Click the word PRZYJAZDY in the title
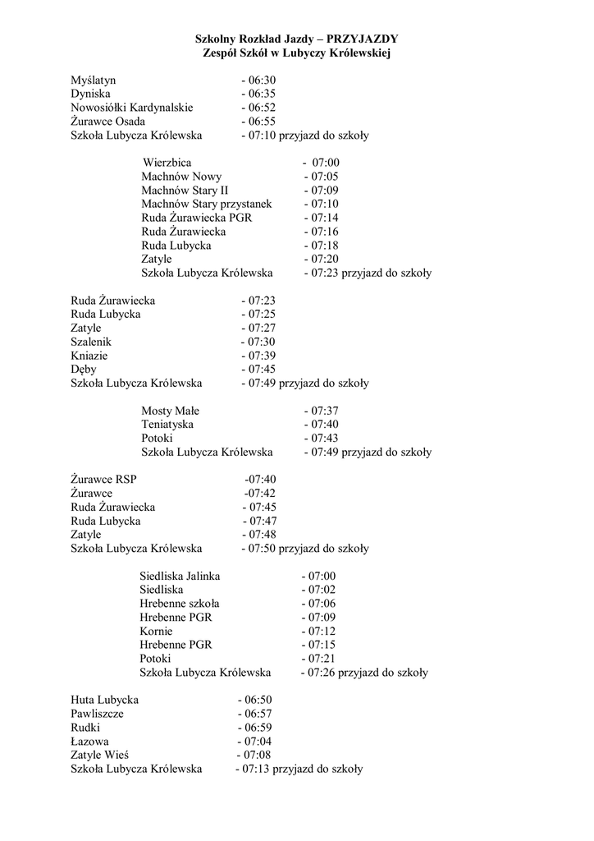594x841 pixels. click(x=362, y=39)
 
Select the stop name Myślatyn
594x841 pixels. click(x=93, y=80)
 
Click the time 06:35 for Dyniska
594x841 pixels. click(x=262, y=94)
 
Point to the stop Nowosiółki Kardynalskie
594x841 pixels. click(x=132, y=108)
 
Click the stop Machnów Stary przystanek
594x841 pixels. click(x=206, y=204)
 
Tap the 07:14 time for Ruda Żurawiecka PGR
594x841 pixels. click(x=324, y=218)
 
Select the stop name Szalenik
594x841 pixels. click(x=91, y=342)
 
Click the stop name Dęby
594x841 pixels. click(x=85, y=370)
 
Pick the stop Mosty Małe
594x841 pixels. click(x=170, y=411)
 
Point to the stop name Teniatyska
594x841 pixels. click(x=167, y=424)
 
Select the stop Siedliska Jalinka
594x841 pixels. click(x=180, y=577)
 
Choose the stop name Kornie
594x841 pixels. click(x=156, y=631)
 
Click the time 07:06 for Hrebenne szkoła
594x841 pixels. click(x=321, y=604)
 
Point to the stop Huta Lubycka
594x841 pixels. click(x=105, y=700)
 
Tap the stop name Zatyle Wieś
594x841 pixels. click(x=100, y=755)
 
